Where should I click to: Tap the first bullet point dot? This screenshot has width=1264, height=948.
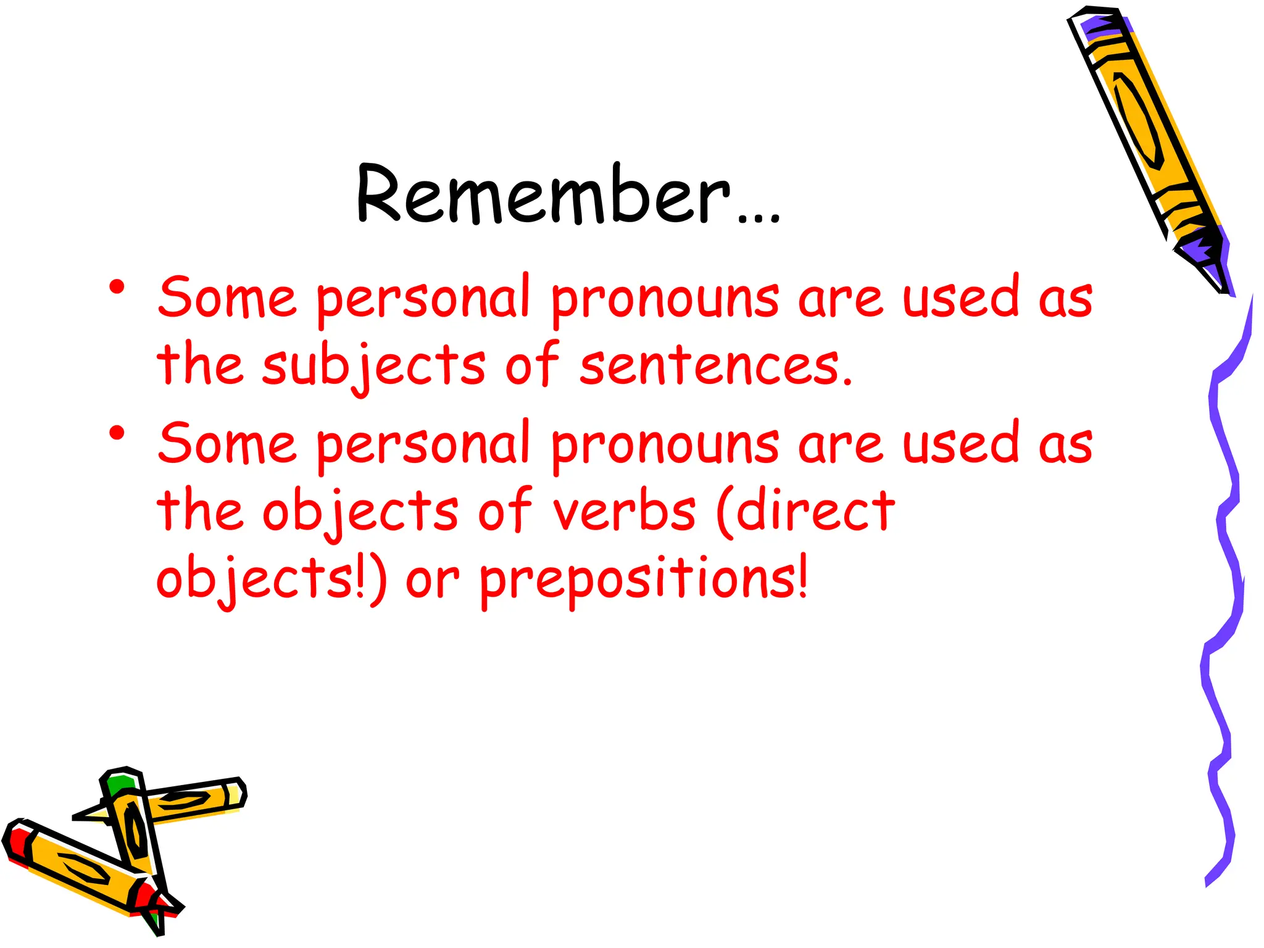[x=117, y=288]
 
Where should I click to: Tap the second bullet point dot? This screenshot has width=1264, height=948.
[x=117, y=433]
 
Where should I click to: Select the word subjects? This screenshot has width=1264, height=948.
[x=374, y=366]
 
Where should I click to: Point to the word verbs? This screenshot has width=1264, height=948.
[x=624, y=511]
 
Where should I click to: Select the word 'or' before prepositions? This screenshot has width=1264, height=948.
[x=432, y=580]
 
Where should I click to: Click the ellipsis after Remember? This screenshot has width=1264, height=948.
[x=759, y=216]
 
